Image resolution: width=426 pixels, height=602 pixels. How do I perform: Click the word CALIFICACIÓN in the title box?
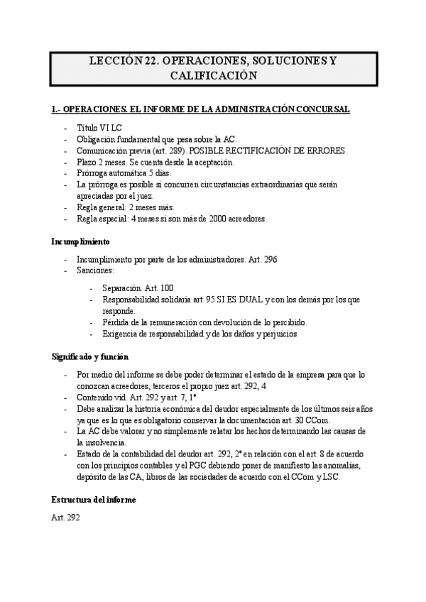tap(212, 75)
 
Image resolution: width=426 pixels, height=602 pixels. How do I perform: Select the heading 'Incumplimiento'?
tap(80, 241)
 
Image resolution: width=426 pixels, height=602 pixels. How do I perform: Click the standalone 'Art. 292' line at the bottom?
tap(65, 518)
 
